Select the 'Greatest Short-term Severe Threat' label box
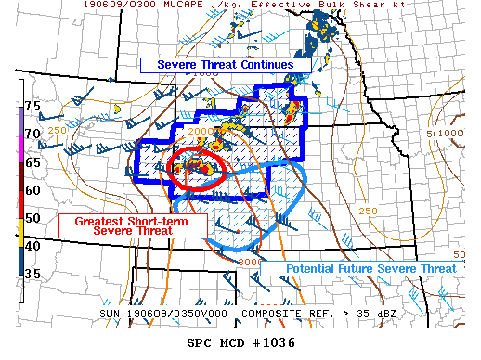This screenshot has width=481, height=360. coord(114,225)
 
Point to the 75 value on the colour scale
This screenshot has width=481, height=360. coord(32,107)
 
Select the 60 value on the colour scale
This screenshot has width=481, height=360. coord(32,190)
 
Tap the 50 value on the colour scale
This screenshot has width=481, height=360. coord(32,218)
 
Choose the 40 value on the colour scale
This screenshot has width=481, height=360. coord(32,246)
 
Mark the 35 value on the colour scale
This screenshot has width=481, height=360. coord(32,274)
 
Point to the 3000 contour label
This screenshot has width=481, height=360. coord(250,263)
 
